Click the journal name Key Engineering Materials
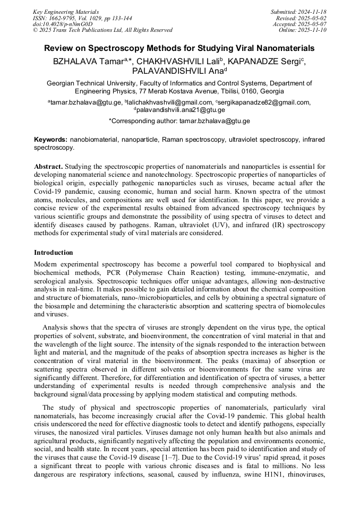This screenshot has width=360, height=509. pos(66,12)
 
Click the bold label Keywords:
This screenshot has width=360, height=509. pos(51,140)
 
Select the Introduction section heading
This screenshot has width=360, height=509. pos(54,253)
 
